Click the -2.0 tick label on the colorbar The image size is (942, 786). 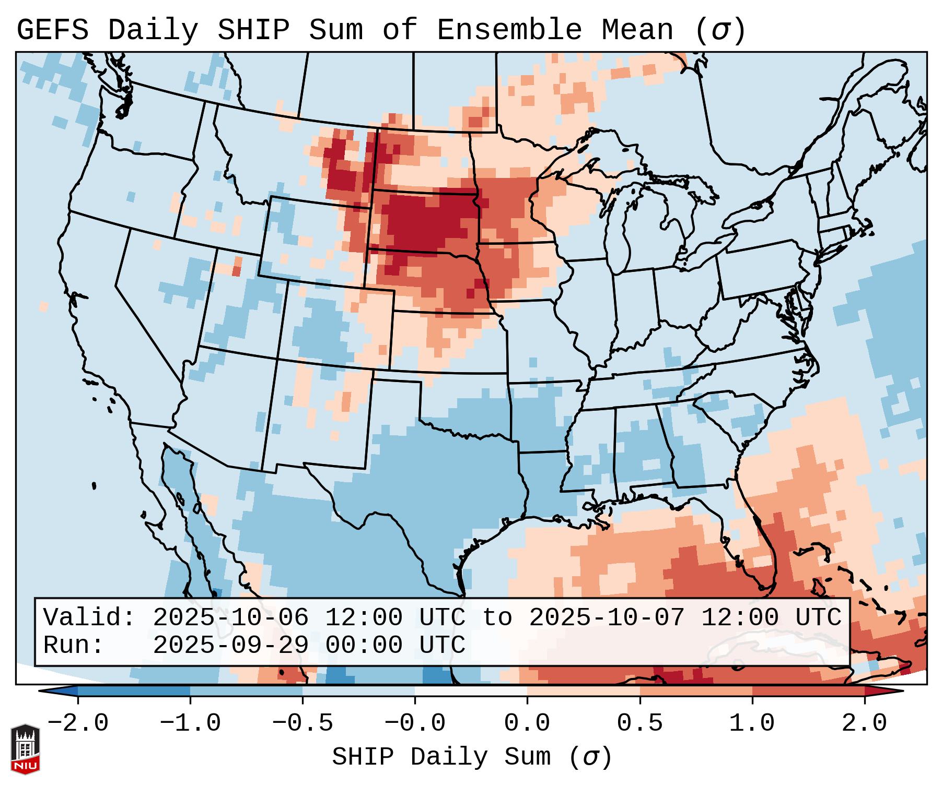point(78,723)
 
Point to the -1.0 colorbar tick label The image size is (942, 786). point(190,723)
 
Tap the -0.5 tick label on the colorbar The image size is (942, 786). point(303,723)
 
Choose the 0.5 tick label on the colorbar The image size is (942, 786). point(639,723)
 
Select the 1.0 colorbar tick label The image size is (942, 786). point(752,723)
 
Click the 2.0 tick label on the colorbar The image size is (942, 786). point(864,723)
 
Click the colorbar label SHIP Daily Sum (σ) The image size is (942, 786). point(471,757)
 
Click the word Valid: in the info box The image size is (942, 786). point(89,617)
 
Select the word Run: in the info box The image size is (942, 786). point(74,645)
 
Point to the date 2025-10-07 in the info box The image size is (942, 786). point(607,617)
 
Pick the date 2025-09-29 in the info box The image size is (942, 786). point(230,645)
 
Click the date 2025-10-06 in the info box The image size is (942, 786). point(230,617)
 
